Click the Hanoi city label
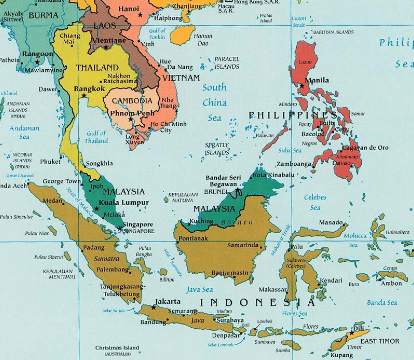pyautogui.click(x=102, y=8)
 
